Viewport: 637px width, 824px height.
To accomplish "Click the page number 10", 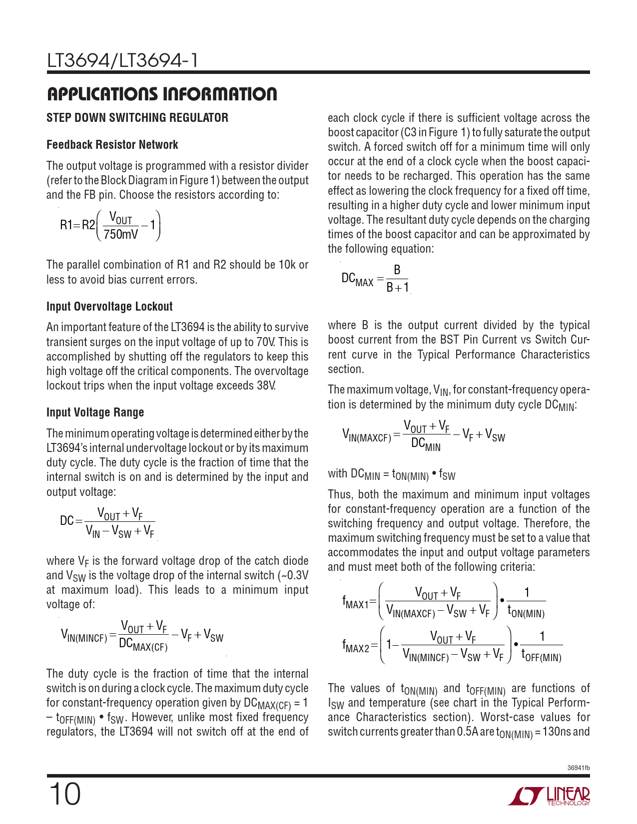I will click(x=64, y=794).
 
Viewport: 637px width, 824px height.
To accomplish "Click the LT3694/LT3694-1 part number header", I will click(x=122, y=60).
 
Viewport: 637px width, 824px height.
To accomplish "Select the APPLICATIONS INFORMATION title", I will click(x=161, y=94).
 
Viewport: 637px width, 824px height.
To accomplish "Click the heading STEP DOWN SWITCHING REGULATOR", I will click(x=137, y=118).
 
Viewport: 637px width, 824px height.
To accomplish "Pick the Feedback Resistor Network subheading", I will click(x=112, y=145).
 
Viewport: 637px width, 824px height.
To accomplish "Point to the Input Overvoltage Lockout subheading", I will click(x=109, y=307).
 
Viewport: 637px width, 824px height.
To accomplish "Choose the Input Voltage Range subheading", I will click(x=95, y=412).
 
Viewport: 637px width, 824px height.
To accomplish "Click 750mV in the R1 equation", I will click(x=121, y=234).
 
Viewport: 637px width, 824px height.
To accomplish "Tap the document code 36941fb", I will click(x=579, y=768).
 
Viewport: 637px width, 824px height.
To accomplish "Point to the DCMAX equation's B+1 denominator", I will click(x=398, y=288).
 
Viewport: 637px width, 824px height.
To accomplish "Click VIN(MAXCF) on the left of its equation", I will click(x=366, y=436).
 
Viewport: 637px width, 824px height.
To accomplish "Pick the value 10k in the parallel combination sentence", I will click(x=287, y=265).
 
